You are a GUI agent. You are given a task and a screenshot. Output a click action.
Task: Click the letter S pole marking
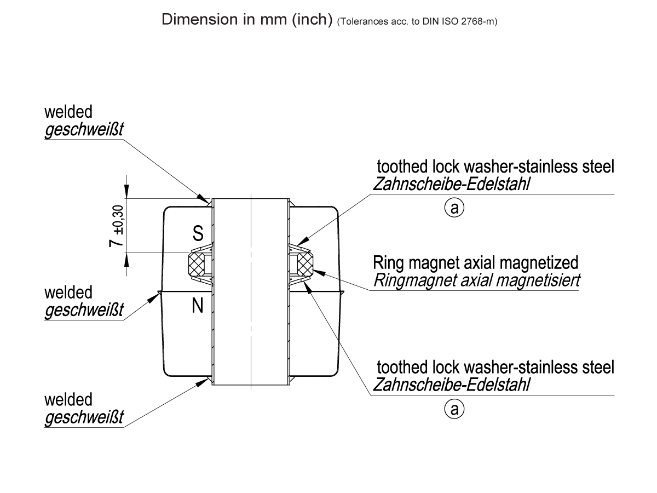[x=198, y=234]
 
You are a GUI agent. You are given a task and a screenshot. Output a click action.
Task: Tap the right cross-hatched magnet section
[x=305, y=265]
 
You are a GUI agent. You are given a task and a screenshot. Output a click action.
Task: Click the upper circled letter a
[x=454, y=207]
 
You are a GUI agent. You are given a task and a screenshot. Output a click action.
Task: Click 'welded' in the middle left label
[x=68, y=292]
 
